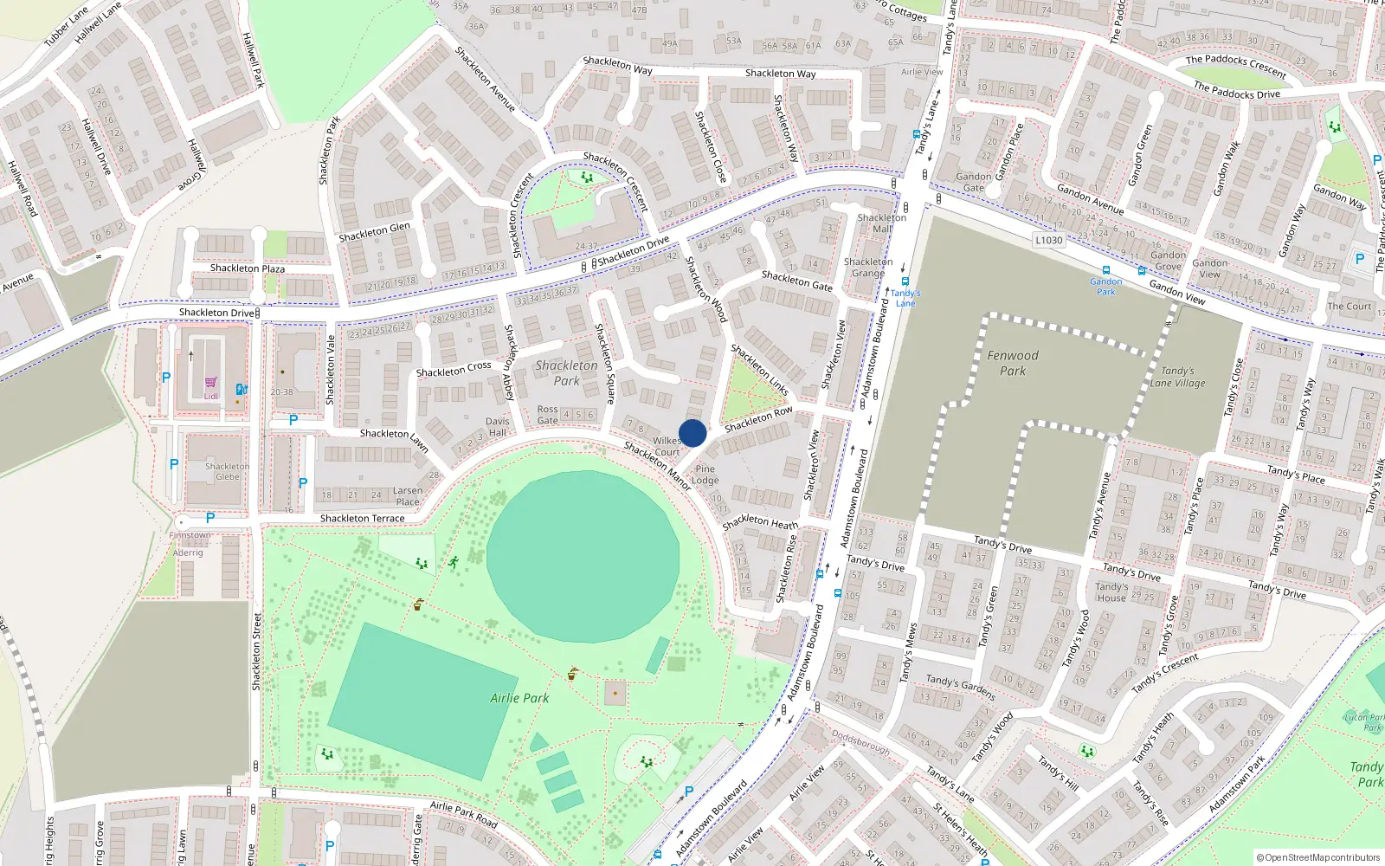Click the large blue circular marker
[x=692, y=433]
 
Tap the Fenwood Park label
[x=1013, y=363]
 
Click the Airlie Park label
[x=519, y=698]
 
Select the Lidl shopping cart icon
[x=210, y=382]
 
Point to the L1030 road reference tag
[x=1048, y=240]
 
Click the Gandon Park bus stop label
[x=1106, y=287]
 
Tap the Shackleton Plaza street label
[x=247, y=268]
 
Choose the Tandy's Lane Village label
[x=1177, y=377]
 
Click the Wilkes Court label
[x=667, y=446]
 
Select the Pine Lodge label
[x=705, y=475]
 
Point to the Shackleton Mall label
[x=882, y=223]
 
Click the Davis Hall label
[x=498, y=427]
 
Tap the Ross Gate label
[x=548, y=415]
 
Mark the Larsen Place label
[x=408, y=496]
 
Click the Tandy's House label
[x=1111, y=592]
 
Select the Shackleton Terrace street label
[x=362, y=519]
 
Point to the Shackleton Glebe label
[x=227, y=471]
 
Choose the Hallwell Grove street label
[x=194, y=165]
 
